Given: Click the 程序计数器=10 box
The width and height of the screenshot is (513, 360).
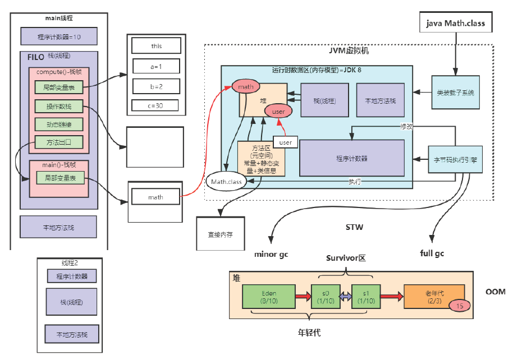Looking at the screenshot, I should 59,36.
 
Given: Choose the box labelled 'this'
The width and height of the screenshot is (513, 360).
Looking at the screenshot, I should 156,45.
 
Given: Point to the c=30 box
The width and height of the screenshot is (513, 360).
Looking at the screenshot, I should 155,105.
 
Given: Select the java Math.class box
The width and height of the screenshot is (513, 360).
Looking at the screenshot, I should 456,24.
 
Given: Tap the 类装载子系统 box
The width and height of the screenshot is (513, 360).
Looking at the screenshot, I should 455,92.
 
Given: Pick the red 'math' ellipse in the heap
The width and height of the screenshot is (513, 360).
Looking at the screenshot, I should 245,87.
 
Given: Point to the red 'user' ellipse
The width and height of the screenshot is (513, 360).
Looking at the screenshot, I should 278,112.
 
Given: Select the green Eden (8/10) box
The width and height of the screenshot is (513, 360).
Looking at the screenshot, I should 269,297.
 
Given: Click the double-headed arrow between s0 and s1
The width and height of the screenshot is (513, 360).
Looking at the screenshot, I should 343,297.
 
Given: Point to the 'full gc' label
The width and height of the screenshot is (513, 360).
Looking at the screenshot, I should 432,253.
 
